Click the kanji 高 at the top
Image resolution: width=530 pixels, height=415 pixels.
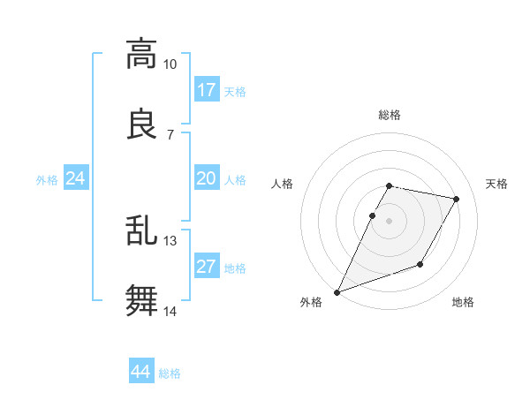click(x=141, y=55)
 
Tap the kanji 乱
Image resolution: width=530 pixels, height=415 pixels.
click(x=141, y=230)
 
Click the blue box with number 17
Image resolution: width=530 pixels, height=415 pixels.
click(x=207, y=90)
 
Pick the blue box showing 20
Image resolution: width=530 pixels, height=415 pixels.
click(x=207, y=179)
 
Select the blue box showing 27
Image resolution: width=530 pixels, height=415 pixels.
click(x=207, y=268)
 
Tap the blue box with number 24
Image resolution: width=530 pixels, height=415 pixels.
click(x=76, y=179)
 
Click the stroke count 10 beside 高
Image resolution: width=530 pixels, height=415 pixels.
click(x=170, y=64)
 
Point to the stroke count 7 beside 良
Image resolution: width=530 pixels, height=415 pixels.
click(x=170, y=134)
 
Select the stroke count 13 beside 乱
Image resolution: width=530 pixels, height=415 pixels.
click(x=170, y=240)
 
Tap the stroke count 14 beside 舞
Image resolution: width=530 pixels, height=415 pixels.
click(x=170, y=311)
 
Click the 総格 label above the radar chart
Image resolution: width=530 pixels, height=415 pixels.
click(x=389, y=115)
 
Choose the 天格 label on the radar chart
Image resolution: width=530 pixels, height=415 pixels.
click(x=497, y=184)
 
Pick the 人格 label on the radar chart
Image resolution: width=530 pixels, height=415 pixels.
click(x=283, y=184)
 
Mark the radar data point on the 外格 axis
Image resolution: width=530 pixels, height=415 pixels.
click(x=337, y=291)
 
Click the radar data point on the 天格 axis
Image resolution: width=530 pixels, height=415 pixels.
click(x=457, y=200)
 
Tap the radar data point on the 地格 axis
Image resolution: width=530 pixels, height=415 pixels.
click(x=420, y=264)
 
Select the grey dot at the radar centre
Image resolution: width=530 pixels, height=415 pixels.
click(x=389, y=221)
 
